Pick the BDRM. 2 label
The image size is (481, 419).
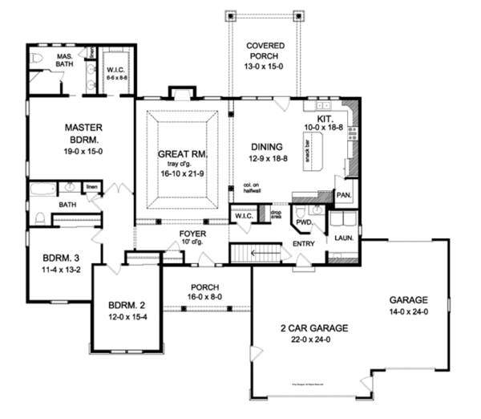click(x=123, y=305)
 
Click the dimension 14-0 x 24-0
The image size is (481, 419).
click(x=410, y=311)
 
